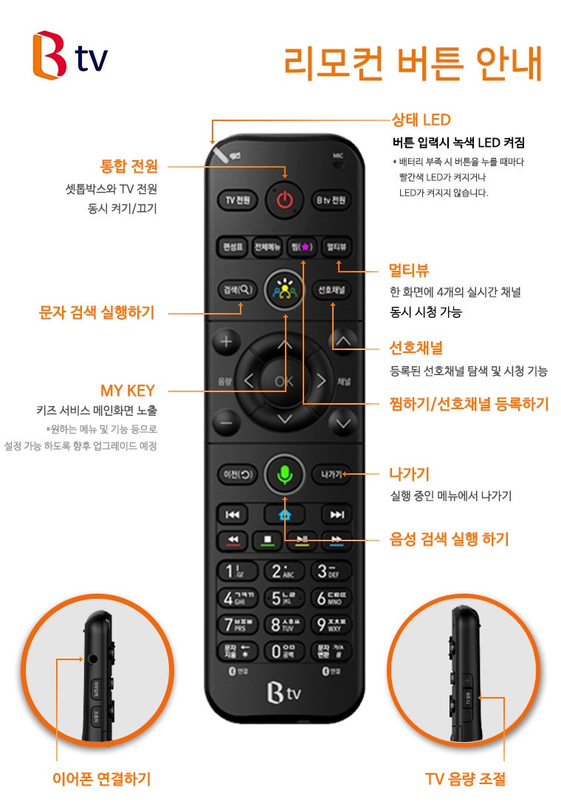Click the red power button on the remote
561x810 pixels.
(x=285, y=200)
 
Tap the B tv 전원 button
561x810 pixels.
(x=331, y=200)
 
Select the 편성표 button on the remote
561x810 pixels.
(x=231, y=246)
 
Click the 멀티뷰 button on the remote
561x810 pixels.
(x=336, y=246)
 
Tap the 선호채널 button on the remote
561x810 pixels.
(x=331, y=289)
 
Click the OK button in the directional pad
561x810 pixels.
(x=284, y=381)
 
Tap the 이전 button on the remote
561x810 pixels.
(x=236, y=474)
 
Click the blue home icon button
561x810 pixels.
(x=284, y=515)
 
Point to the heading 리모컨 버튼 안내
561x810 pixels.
(x=413, y=64)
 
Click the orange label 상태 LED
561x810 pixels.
(x=421, y=120)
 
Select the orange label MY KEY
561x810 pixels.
(x=128, y=390)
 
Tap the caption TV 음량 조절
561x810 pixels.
(x=465, y=778)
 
